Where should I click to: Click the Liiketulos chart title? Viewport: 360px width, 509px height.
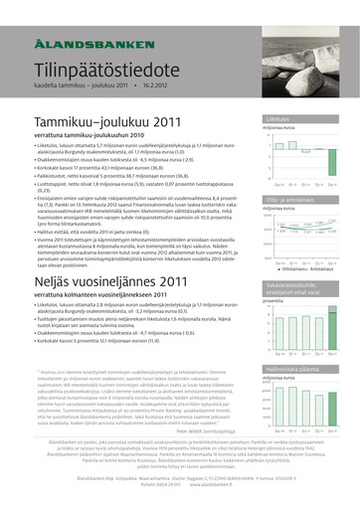point(278,118)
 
